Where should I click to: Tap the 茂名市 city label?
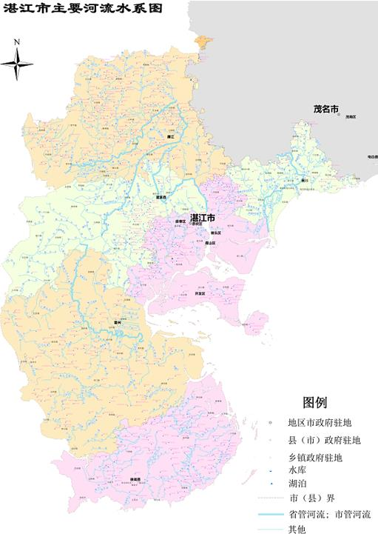pyautogui.click(x=325, y=110)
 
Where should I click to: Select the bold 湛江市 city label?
pyautogui.click(x=203, y=218)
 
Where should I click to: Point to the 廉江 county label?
pyautogui.click(x=170, y=137)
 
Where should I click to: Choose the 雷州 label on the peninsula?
pyautogui.click(x=117, y=323)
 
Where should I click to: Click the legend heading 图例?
pyautogui.click(x=314, y=403)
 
